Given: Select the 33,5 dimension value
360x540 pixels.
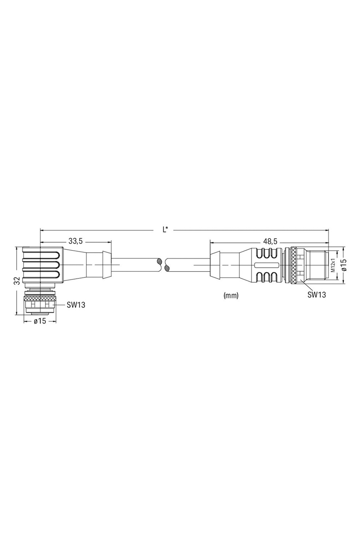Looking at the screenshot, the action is point(76,241).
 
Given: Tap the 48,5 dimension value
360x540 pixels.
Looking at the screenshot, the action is point(270,241).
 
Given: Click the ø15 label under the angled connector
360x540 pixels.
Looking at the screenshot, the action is point(40,321).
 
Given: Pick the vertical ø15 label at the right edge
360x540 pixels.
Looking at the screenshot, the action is point(344,265).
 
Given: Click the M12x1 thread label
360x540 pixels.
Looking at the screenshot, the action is point(333,265).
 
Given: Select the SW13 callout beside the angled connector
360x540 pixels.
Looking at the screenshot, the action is point(76,305).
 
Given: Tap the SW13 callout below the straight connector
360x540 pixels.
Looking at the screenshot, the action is point(317,295).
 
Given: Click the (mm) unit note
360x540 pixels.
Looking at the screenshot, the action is point(231,295).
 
